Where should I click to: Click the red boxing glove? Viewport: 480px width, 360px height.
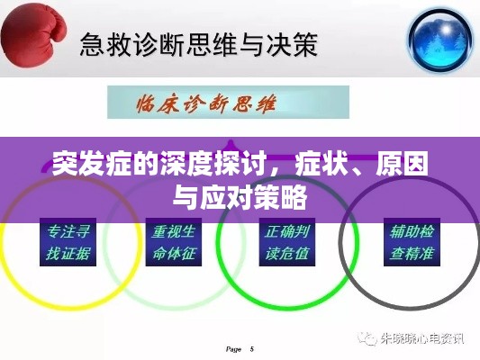[33, 36]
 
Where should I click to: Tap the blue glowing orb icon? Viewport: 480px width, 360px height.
[440, 40]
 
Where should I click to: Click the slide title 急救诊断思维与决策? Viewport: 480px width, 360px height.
[198, 45]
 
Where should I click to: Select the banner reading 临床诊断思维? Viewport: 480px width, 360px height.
[228, 103]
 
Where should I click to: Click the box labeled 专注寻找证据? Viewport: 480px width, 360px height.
[68, 242]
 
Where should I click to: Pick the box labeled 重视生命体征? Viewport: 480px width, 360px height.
[174, 242]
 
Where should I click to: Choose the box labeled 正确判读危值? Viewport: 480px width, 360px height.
[287, 242]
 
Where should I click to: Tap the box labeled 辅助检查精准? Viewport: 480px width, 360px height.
[412, 242]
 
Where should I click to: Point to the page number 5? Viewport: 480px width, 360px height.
[251, 349]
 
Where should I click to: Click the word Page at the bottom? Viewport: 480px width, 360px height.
[233, 349]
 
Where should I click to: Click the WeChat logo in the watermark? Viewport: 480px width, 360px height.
[367, 338]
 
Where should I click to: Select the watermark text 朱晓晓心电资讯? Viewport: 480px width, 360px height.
[422, 338]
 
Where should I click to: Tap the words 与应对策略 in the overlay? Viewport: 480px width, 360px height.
[240, 197]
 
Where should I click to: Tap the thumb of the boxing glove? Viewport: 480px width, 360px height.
[59, 29]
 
